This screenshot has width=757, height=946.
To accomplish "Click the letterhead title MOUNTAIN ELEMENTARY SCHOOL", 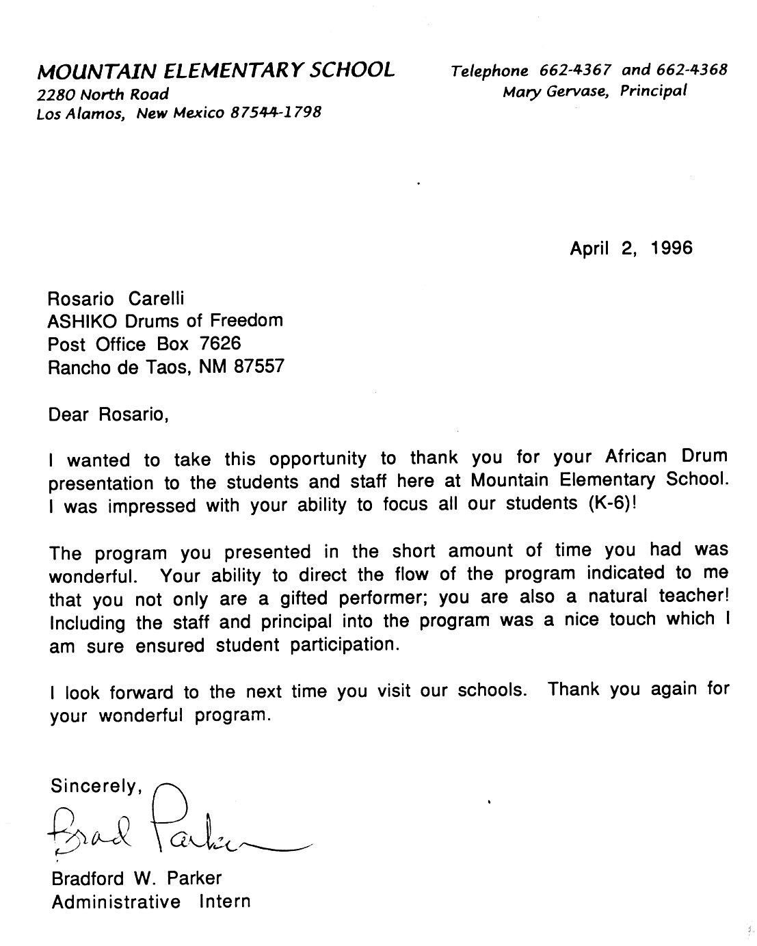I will pos(215,70).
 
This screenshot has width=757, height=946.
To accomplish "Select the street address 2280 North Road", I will pos(103,94).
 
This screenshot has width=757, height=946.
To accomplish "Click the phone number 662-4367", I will pos(575,70).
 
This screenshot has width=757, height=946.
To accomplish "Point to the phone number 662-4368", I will pos(691,70).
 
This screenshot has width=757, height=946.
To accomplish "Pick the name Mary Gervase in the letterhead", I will pos(555,91).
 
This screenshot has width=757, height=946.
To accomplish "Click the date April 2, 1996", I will pos(630,248).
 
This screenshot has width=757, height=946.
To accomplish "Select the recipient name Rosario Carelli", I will pos(116,298).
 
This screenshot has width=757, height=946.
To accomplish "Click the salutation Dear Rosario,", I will pos(108,415).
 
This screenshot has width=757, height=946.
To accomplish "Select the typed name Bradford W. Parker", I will pos(137,878).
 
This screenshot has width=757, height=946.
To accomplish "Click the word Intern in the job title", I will pos(225,902).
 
